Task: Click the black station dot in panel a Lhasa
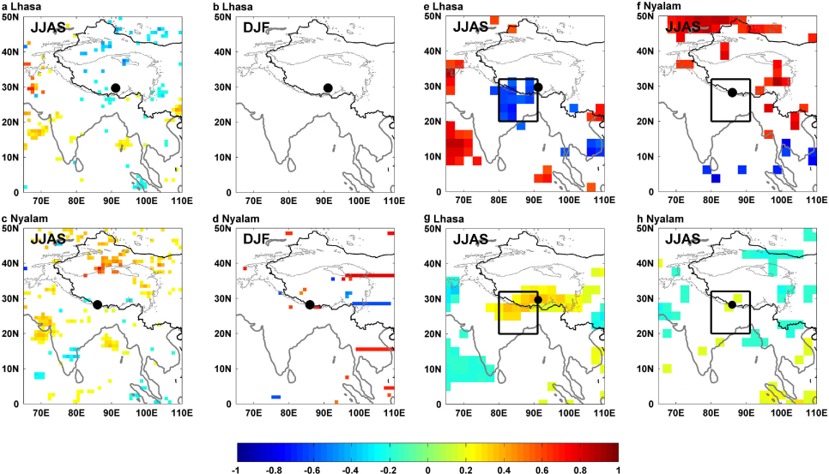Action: point(115,87)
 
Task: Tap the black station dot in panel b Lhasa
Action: point(328,87)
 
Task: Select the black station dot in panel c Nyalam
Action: point(97,304)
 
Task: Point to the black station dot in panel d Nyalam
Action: point(310,304)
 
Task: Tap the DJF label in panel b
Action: point(256,27)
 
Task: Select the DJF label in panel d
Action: point(256,238)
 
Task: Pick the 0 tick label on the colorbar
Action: point(427,470)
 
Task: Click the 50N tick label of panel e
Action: point(433,16)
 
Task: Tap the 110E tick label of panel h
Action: point(816,411)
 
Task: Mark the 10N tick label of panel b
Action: point(222,158)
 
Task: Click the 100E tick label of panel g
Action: point(570,411)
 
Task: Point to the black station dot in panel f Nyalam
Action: point(732,93)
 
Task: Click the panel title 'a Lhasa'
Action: point(21,6)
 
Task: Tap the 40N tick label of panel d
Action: point(222,263)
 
